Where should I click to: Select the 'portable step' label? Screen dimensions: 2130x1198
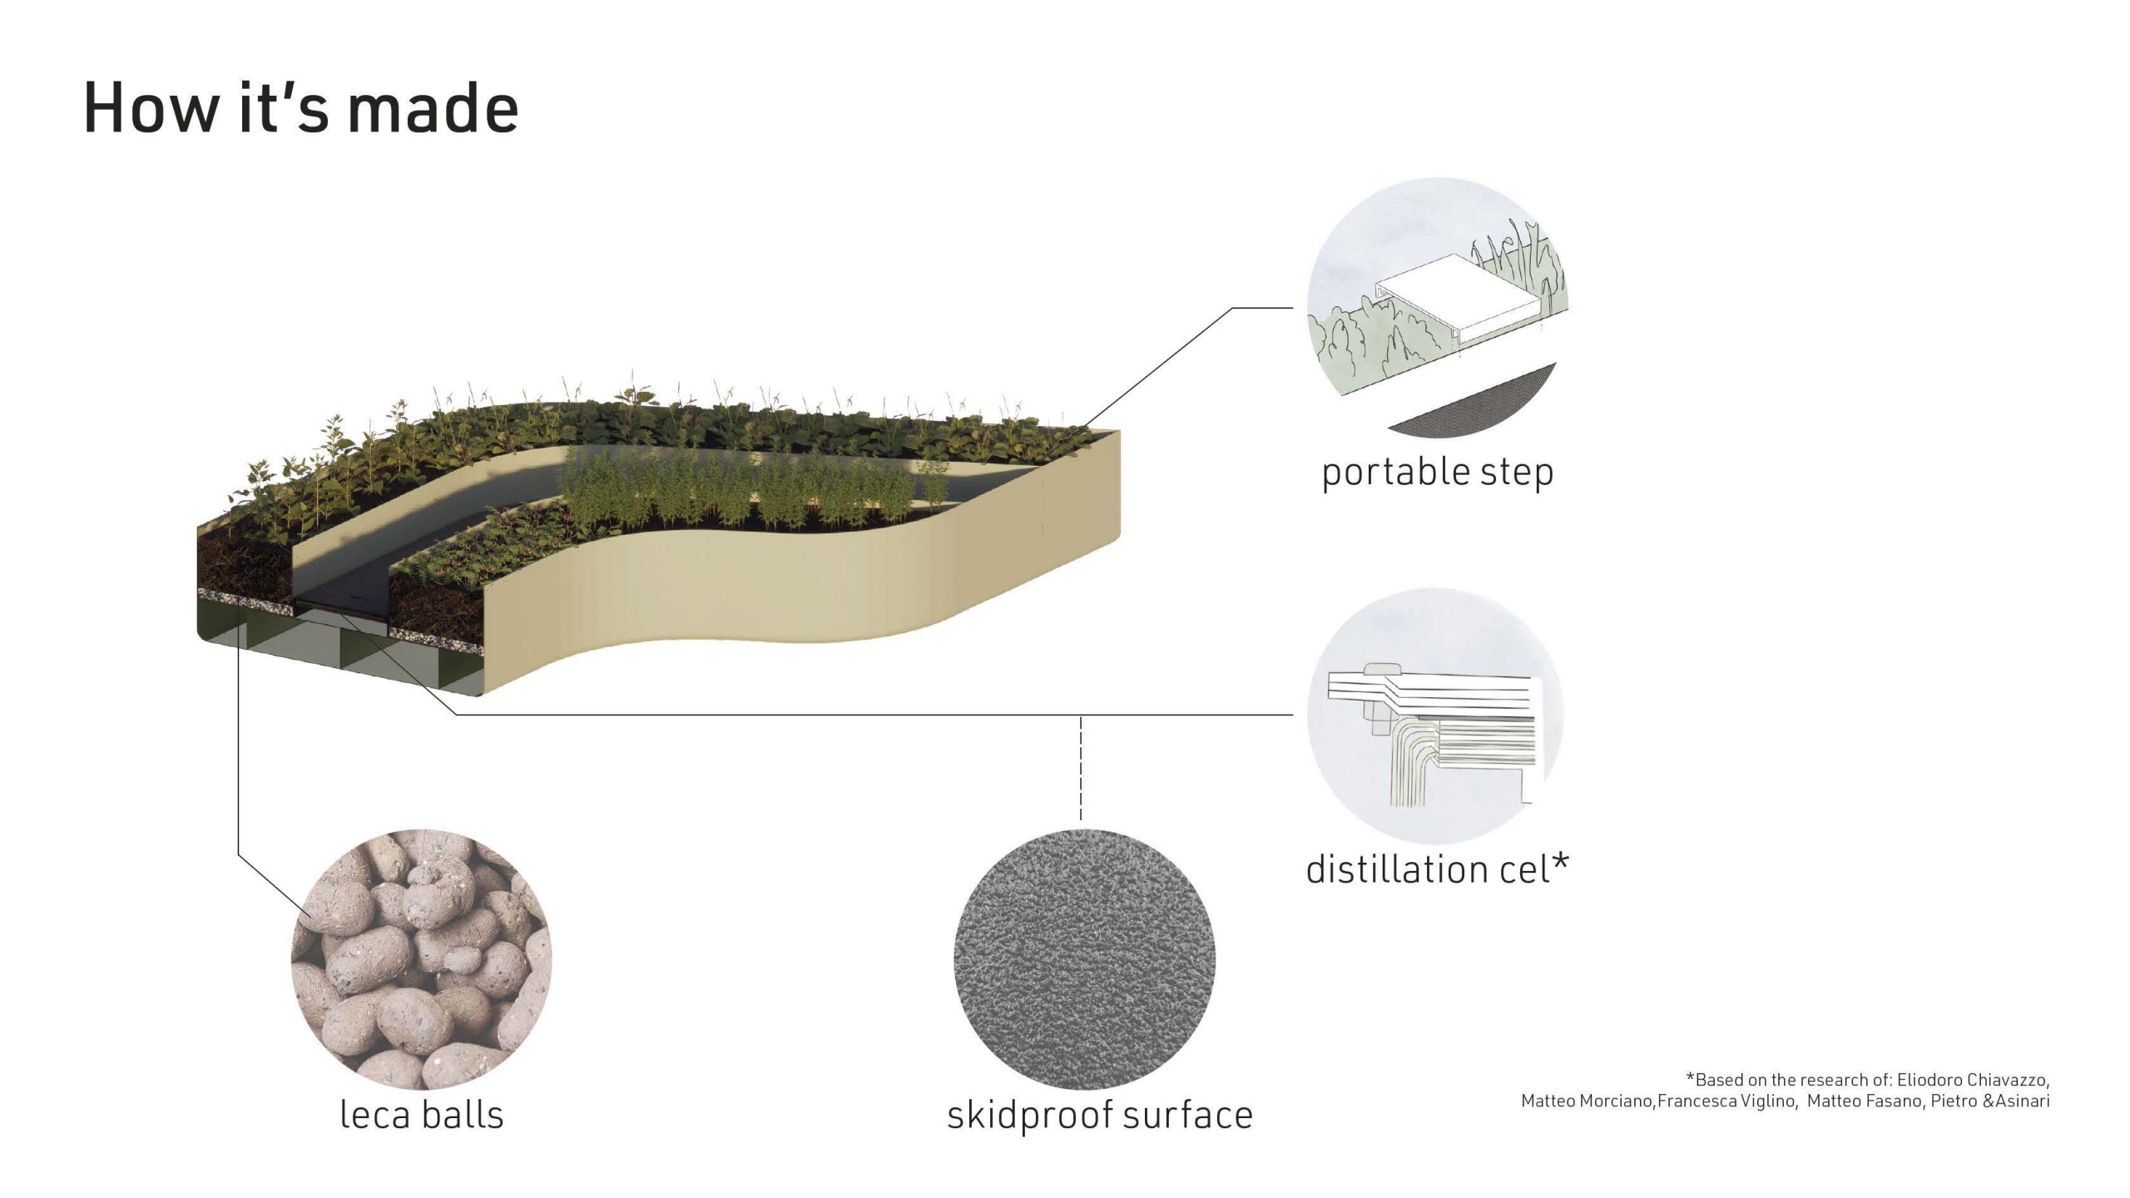click(x=1437, y=472)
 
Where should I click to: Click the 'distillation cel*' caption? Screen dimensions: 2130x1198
click(x=1437, y=869)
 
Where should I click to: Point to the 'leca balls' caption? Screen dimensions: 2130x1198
click(x=422, y=1114)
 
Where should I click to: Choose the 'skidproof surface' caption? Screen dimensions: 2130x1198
click(x=1100, y=1115)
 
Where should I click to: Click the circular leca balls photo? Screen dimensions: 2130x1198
click(x=421, y=959)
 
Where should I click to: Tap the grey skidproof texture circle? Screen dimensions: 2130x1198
click(x=1084, y=959)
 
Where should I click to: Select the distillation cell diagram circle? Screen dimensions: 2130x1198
click(x=1436, y=716)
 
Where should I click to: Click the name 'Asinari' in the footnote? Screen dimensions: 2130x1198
click(x=2022, y=1101)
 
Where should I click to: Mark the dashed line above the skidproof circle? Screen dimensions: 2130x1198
click(x=1081, y=768)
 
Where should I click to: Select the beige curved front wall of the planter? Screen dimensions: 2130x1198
click(x=799, y=582)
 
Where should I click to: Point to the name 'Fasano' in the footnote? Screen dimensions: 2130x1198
click(x=1890, y=1101)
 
